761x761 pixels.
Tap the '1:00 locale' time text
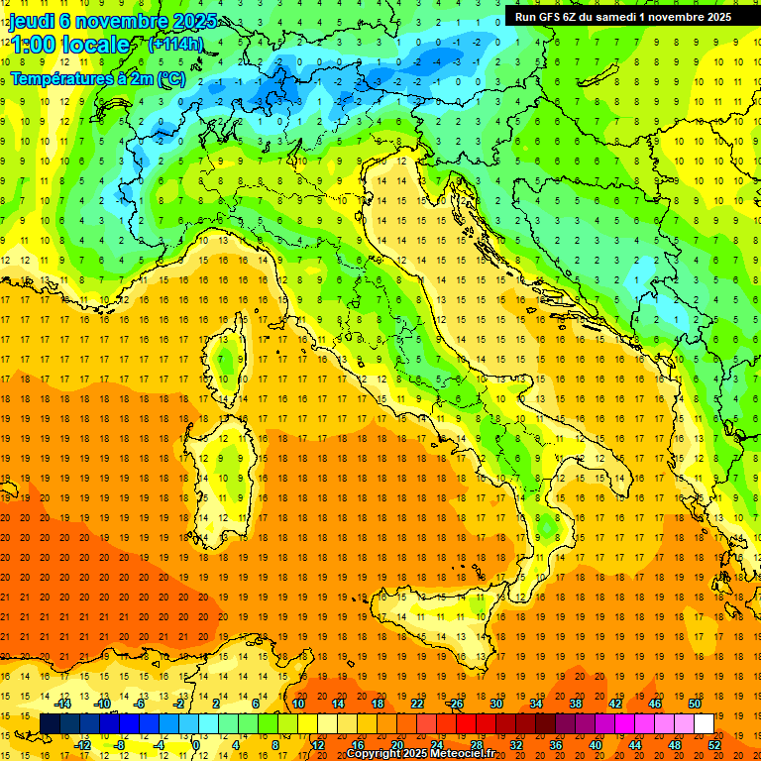[x=69, y=46]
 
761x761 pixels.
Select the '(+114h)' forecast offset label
[x=175, y=44]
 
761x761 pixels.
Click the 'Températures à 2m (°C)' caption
[x=97, y=77]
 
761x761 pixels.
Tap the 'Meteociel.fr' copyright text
[x=463, y=753]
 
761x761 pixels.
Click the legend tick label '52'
[x=714, y=745]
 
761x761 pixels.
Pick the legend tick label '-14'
[x=63, y=704]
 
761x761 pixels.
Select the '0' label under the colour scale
[x=196, y=745]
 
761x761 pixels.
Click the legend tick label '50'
[x=695, y=704]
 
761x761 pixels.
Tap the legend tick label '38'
[x=576, y=704]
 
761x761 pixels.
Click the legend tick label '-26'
[x=456, y=704]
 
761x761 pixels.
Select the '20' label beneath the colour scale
[x=396, y=745]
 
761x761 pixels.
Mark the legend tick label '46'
[x=655, y=704]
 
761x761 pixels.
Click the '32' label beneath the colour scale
[x=515, y=745]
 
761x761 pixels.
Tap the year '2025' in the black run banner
[x=716, y=16]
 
